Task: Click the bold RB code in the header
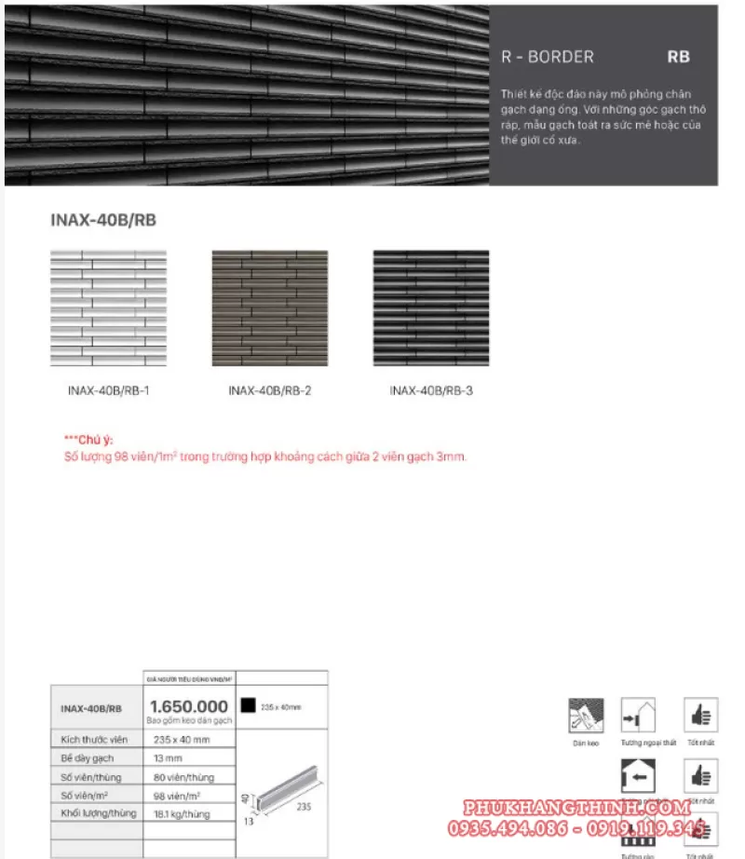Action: tap(678, 57)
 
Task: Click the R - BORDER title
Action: tap(547, 57)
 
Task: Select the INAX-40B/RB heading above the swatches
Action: tap(102, 221)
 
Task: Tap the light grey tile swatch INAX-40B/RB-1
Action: tap(108, 307)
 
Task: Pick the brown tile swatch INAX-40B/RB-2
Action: tap(269, 307)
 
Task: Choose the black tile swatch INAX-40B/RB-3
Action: tap(430, 307)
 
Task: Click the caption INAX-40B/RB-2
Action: tap(269, 391)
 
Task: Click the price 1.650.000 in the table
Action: tap(189, 706)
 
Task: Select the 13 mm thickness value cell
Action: tap(168, 757)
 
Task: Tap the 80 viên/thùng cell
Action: tap(184, 776)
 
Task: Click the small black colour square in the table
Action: tap(247, 705)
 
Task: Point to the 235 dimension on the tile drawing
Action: tap(304, 807)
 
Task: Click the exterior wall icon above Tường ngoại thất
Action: tap(638, 715)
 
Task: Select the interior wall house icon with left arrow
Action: tap(638, 774)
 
